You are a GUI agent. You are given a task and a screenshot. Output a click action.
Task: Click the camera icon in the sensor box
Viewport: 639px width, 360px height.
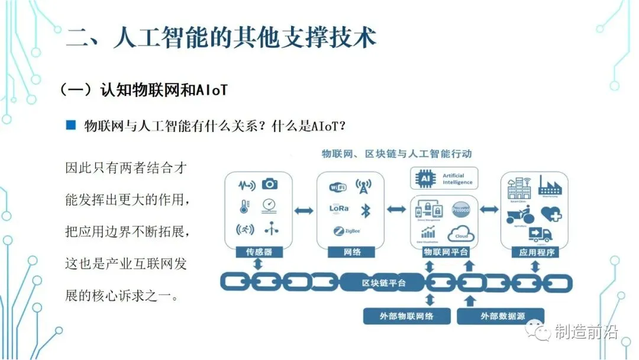(x=270, y=184)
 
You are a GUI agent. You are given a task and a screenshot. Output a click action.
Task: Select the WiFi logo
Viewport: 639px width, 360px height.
(x=338, y=187)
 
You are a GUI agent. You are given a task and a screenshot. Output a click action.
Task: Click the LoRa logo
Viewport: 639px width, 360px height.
(x=339, y=208)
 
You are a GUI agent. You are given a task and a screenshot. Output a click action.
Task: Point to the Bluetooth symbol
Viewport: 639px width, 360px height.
(x=366, y=210)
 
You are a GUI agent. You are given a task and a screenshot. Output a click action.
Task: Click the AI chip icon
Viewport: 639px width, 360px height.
(x=424, y=178)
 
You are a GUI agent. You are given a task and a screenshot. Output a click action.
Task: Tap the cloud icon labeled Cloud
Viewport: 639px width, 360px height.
(x=461, y=234)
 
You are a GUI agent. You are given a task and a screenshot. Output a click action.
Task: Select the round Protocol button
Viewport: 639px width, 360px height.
(x=460, y=210)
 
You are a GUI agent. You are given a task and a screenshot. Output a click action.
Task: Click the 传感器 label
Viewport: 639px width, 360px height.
(x=259, y=252)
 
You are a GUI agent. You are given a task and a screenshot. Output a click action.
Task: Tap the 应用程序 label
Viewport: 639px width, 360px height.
(x=534, y=252)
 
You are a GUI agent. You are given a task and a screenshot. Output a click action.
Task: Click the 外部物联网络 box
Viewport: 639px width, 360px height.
(x=406, y=316)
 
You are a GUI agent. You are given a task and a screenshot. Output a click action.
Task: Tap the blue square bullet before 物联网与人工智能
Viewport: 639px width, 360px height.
(x=71, y=125)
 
